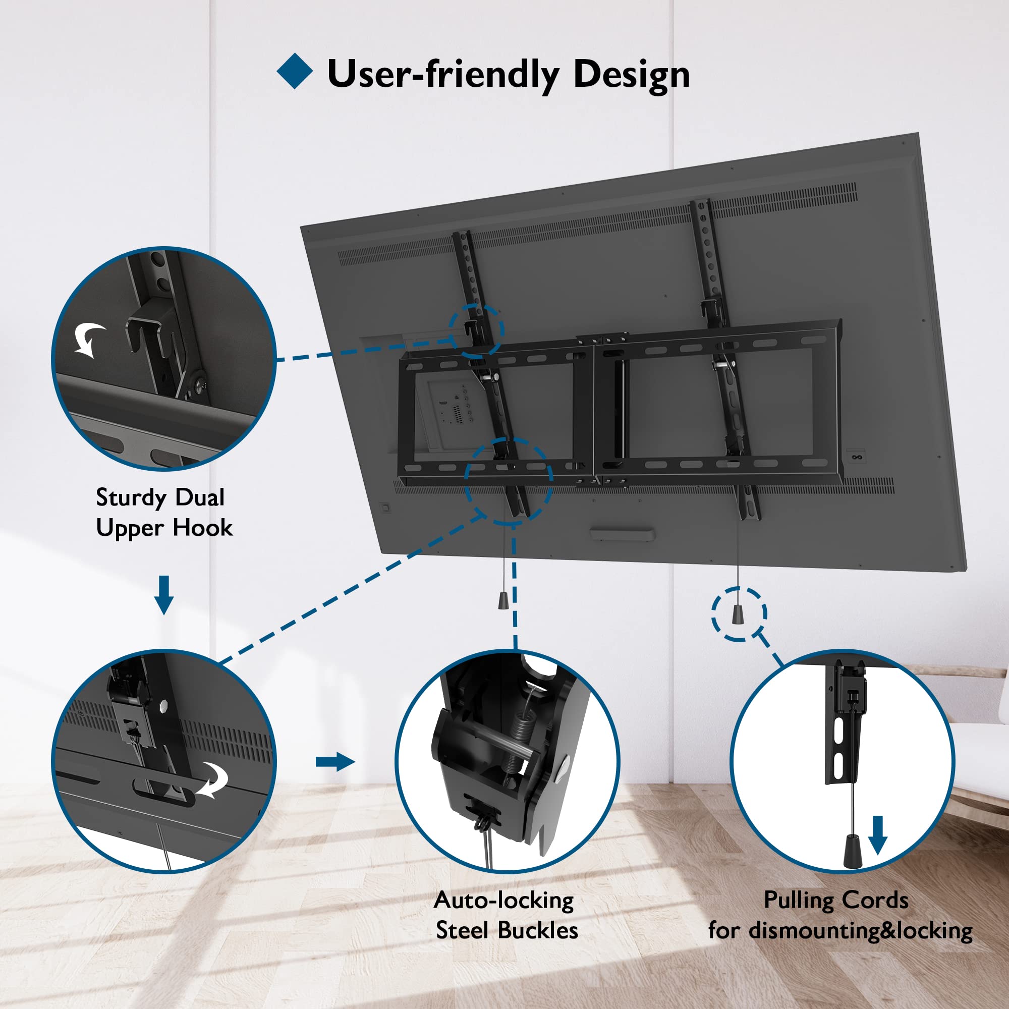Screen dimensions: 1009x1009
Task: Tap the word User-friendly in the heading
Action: click(x=442, y=74)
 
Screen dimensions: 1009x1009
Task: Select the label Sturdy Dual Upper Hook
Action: click(x=163, y=513)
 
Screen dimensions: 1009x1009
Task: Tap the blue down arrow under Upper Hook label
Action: click(x=164, y=594)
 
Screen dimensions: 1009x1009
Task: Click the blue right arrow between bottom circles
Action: click(x=335, y=761)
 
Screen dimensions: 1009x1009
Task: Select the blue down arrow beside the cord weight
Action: click(x=877, y=834)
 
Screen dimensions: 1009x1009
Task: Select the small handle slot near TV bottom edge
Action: click(x=622, y=535)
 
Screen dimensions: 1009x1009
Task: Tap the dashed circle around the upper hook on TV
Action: click(x=476, y=330)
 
